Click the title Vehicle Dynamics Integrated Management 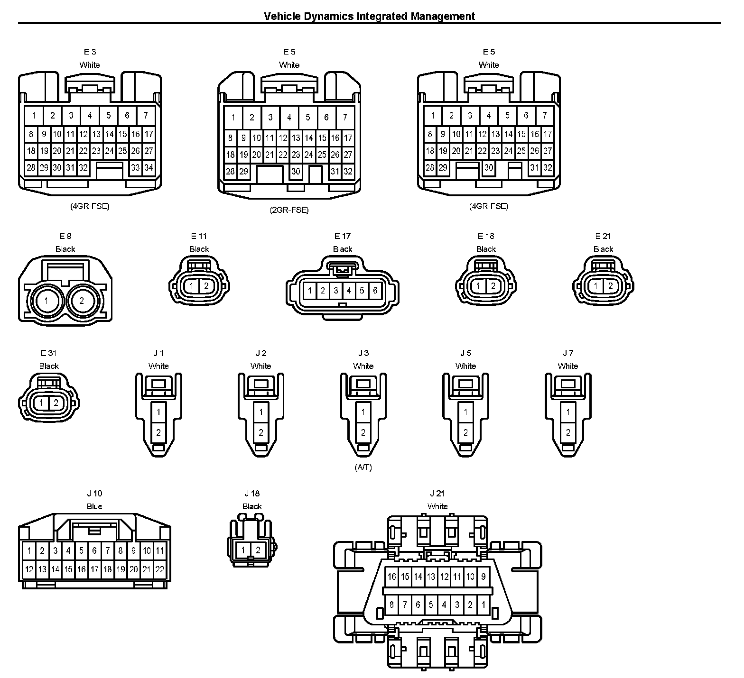pyautogui.click(x=369, y=16)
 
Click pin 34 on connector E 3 pyautogui.click(x=149, y=167)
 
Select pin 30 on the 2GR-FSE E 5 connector pyautogui.click(x=296, y=171)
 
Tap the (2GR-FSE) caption pyautogui.click(x=289, y=210)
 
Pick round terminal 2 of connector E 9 pyautogui.click(x=82, y=301)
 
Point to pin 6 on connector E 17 pyautogui.click(x=375, y=291)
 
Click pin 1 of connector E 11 pyautogui.click(x=191, y=286)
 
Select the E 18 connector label pyautogui.click(x=486, y=236)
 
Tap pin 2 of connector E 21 pyautogui.click(x=610, y=286)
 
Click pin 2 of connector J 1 pyautogui.click(x=158, y=432)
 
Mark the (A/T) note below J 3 pyautogui.click(x=363, y=467)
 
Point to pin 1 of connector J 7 pyautogui.click(x=568, y=412)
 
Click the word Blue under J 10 pyautogui.click(x=94, y=506)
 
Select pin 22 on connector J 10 pyautogui.click(x=160, y=569)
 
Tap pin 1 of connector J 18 pyautogui.click(x=243, y=550)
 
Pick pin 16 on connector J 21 pyautogui.click(x=391, y=577)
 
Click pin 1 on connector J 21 pyautogui.click(x=483, y=605)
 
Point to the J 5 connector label pyautogui.click(x=465, y=353)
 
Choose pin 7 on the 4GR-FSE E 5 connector pyautogui.click(x=544, y=115)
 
